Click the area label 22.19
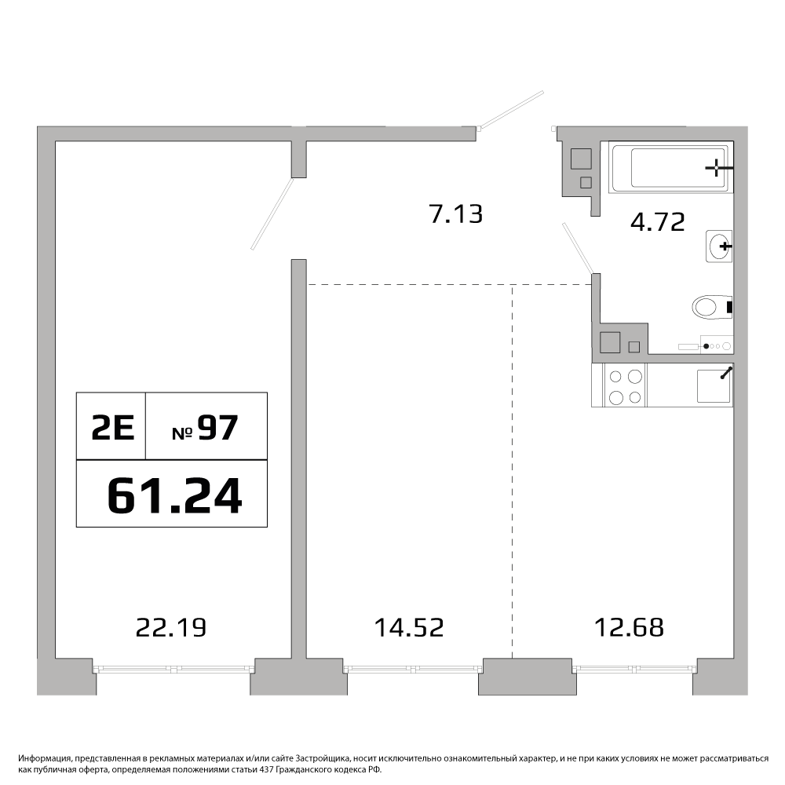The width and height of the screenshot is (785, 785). coord(171,627)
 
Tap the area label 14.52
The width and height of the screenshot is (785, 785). coord(409,627)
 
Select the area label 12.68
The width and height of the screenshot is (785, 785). coord(630,627)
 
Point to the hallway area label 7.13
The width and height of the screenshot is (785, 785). coord(456,214)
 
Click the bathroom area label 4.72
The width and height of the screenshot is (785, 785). coord(657,222)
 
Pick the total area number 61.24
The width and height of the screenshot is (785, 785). coord(175,495)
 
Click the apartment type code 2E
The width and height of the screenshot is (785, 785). coord(112,429)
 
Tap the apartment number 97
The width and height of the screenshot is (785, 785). coord(217,429)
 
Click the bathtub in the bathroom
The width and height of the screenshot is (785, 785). coord(670,167)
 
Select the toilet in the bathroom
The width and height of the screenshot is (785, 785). coord(713,306)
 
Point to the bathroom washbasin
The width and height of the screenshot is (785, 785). coord(719,246)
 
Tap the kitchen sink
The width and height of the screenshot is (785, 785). coord(714,385)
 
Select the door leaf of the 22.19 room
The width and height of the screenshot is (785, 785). coord(272,214)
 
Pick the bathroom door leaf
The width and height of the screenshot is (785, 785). coord(579,248)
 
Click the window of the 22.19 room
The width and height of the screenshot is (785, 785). coord(172,668)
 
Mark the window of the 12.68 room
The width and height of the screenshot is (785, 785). coord(634,668)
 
